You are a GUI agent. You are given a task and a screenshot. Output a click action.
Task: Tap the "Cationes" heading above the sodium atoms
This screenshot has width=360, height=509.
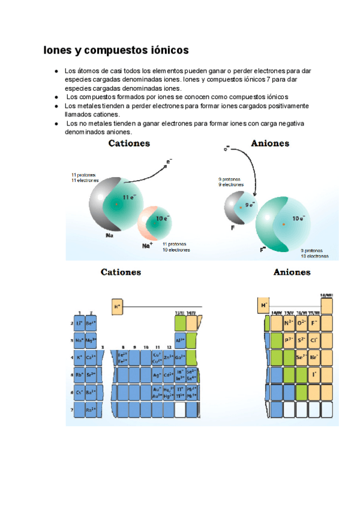pyautogui.click(x=129, y=144)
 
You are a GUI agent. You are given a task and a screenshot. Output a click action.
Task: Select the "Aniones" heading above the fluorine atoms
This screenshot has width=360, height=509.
pyautogui.click(x=270, y=144)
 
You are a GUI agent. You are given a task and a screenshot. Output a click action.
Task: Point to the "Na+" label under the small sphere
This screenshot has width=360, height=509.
pyautogui.click(x=148, y=245)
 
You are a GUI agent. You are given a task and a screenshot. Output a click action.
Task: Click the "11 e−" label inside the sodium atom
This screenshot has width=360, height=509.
pyautogui.click(x=129, y=197)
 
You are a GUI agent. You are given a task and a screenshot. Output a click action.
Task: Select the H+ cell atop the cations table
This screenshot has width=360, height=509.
pyautogui.click(x=118, y=307)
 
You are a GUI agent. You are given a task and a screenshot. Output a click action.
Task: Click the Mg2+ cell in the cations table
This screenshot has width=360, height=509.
pyautogui.click(x=91, y=340)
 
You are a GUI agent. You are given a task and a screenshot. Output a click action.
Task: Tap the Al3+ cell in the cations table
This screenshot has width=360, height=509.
pyautogui.click(x=179, y=340)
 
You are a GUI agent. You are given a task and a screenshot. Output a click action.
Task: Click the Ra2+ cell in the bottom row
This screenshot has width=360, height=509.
pyautogui.click(x=91, y=410)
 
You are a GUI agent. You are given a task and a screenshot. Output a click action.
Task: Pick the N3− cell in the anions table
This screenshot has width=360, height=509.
pyautogui.click(x=289, y=324)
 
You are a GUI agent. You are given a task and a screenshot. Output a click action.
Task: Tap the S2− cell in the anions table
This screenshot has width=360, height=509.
pyautogui.click(x=302, y=340)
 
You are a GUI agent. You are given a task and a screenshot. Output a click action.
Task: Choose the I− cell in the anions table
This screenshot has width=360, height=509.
pyautogui.click(x=314, y=375)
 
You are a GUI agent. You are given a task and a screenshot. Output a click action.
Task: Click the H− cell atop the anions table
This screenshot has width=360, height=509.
pyautogui.click(x=263, y=306)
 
